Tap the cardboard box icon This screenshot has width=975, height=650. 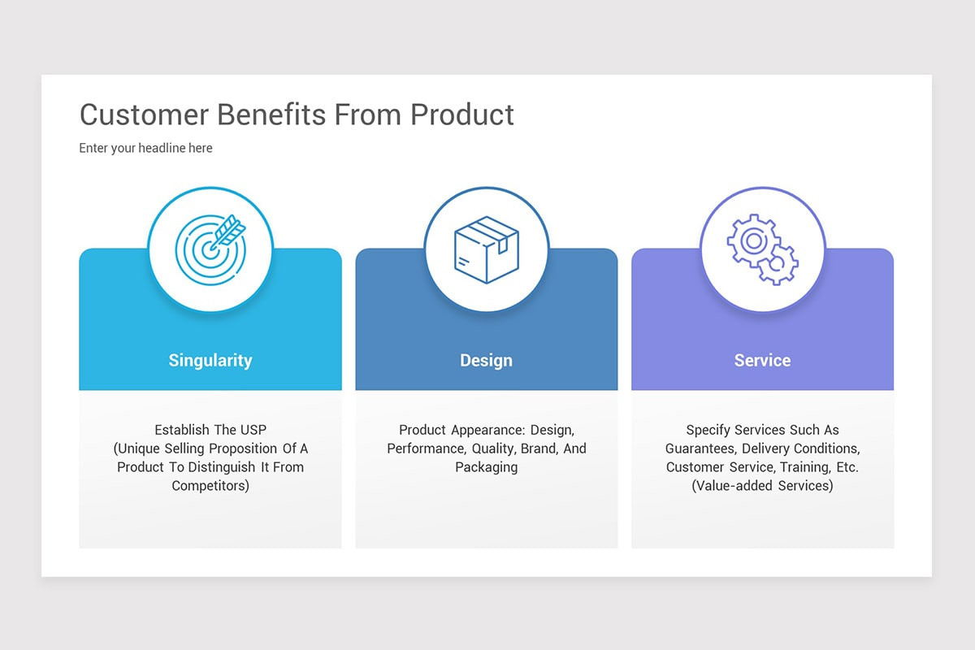click(x=486, y=249)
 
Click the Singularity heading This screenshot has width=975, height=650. click(x=210, y=360)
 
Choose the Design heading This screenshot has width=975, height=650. click(x=486, y=360)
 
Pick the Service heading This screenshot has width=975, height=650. click(x=762, y=360)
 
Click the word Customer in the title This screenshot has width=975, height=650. click(x=144, y=115)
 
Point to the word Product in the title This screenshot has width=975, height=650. click(x=461, y=115)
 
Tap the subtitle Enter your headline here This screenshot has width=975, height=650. click(x=145, y=148)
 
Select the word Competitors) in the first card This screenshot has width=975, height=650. click(x=210, y=486)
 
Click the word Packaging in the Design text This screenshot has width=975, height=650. click(x=486, y=467)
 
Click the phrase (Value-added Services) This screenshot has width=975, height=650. click(x=762, y=486)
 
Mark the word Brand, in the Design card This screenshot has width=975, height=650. click(x=539, y=448)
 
